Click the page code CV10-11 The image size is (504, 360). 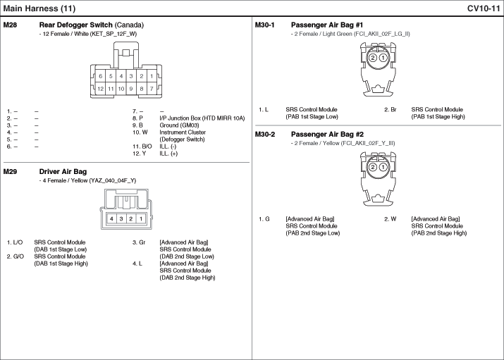[x=484, y=8]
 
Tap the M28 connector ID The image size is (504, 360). [x=11, y=25]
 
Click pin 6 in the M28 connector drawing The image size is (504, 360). [x=101, y=76]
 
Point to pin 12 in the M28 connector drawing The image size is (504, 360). [x=101, y=89]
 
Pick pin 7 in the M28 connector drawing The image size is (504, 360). [x=152, y=89]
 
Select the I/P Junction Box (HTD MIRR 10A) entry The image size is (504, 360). [x=203, y=118]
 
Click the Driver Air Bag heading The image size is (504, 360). [x=63, y=171]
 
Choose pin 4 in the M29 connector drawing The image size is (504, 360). [x=111, y=219]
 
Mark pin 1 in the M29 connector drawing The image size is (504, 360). [x=141, y=219]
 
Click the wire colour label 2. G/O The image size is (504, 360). [x=16, y=256]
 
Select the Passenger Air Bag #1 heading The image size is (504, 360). [x=327, y=25]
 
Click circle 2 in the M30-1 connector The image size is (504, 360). [x=372, y=58]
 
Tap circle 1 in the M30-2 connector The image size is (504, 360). [x=382, y=167]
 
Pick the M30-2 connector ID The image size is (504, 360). [x=265, y=134]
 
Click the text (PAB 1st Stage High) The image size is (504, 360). [x=439, y=117]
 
